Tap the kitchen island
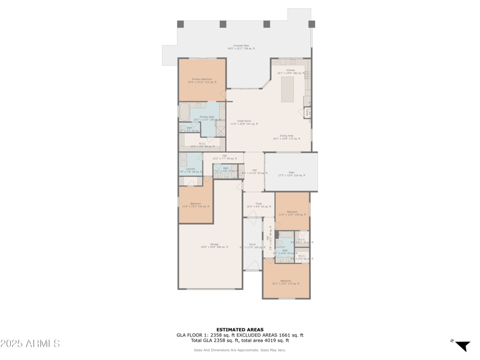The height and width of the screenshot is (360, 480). (x=287, y=89)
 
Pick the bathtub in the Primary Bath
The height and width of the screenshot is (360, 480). (x=184, y=112)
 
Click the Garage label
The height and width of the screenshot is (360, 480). (x=209, y=245)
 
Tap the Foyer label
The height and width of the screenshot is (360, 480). (x=259, y=204)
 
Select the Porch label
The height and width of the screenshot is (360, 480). (x=252, y=245)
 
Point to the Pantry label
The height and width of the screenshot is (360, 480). (x=308, y=112)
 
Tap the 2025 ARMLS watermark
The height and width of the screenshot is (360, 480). (x=30, y=344)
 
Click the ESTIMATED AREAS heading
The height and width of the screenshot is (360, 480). (x=240, y=329)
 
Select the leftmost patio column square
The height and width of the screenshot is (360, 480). (x=181, y=24)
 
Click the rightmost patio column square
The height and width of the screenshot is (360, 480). (x=311, y=24)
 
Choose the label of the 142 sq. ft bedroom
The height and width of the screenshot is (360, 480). (x=196, y=204)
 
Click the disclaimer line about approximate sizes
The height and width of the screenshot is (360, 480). (x=240, y=350)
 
